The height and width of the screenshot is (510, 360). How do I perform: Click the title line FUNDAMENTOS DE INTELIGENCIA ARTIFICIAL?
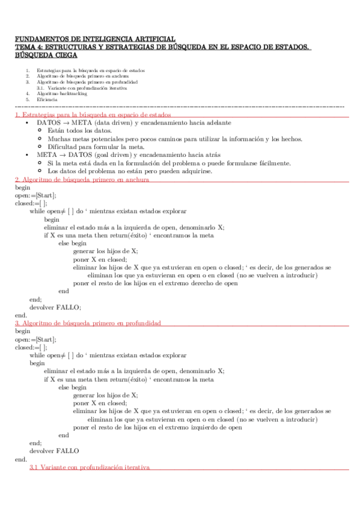[94, 38]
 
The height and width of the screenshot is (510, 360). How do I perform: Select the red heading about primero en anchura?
[82, 179]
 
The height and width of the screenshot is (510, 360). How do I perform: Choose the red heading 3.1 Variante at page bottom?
[89, 467]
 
